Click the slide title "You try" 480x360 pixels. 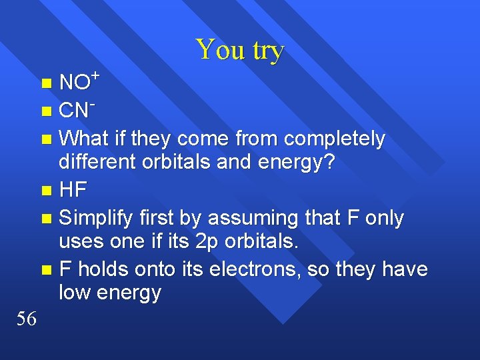coord(240,50)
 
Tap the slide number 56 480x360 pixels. coord(26,319)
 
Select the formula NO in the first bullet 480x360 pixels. coord(74,83)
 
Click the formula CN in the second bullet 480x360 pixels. coord(74,111)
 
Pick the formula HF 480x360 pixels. coord(73,190)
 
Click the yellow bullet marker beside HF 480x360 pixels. coord(45,191)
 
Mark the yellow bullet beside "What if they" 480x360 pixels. coord(45,139)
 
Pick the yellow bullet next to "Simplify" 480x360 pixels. coord(45,219)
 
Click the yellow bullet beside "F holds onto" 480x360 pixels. coord(45,269)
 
